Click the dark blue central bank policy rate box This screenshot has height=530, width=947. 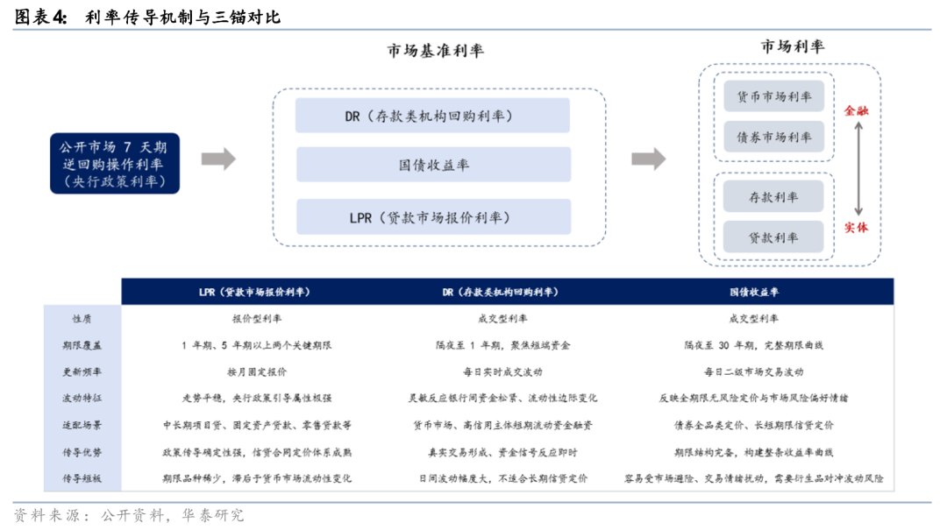pyautogui.click(x=115, y=164)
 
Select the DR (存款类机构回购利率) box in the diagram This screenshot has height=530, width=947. pyautogui.click(x=432, y=116)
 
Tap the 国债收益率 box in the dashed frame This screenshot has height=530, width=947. pyautogui.click(x=434, y=165)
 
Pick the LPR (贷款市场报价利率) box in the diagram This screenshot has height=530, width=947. pyautogui.click(x=434, y=216)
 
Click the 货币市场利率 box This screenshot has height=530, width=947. pyautogui.click(x=773, y=96)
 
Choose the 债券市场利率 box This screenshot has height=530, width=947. pyautogui.click(x=773, y=137)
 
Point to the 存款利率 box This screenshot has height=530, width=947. pyautogui.click(x=773, y=197)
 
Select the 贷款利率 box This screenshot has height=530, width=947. pyautogui.click(x=773, y=237)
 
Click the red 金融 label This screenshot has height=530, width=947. pyautogui.click(x=856, y=110)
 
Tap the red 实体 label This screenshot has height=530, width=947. pyautogui.click(x=856, y=228)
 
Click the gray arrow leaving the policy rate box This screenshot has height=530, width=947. pyautogui.click(x=218, y=159)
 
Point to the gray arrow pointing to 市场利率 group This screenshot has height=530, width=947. pyautogui.click(x=649, y=159)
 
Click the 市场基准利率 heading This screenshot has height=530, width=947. pyautogui.click(x=436, y=51)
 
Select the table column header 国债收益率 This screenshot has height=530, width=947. pyautogui.click(x=754, y=293)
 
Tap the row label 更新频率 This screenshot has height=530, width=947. pyautogui.click(x=82, y=371)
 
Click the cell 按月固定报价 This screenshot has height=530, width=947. pyautogui.click(x=257, y=371)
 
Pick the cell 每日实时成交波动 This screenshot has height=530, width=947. pyautogui.click(x=502, y=371)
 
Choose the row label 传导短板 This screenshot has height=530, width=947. pyautogui.click(x=82, y=478)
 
